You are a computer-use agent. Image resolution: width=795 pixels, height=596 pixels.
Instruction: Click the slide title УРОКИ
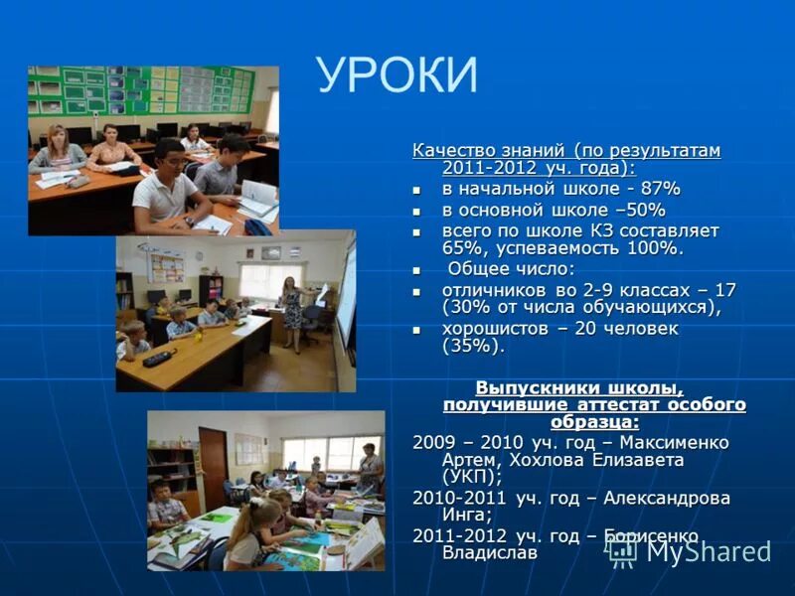pos(397,75)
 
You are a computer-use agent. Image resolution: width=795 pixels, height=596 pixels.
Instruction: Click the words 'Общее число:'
pos(511,269)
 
